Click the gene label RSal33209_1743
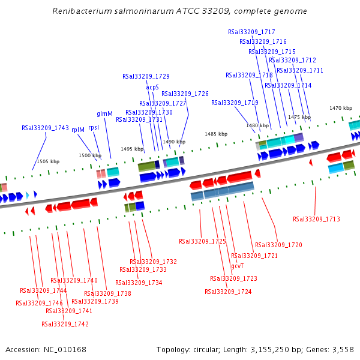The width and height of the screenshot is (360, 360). click(45, 128)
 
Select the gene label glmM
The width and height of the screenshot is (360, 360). click(104, 113)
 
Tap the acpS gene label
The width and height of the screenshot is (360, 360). click(152, 87)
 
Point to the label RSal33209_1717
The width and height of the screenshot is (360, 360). click(251, 32)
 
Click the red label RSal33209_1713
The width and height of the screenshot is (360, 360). click(316, 219)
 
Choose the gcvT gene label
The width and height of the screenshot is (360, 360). click(237, 266)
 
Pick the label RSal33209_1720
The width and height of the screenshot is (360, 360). click(278, 245)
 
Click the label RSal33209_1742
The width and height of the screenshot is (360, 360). click(65, 324)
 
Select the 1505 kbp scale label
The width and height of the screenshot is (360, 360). click(48, 161)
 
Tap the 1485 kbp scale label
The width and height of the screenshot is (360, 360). click(216, 134)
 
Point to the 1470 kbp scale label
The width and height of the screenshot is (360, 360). click(341, 108)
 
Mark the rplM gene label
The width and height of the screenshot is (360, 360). click(78, 129)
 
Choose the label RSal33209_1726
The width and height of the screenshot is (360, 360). click(185, 94)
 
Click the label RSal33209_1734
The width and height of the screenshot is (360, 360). click(139, 283)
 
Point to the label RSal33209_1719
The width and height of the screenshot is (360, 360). click(235, 103)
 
